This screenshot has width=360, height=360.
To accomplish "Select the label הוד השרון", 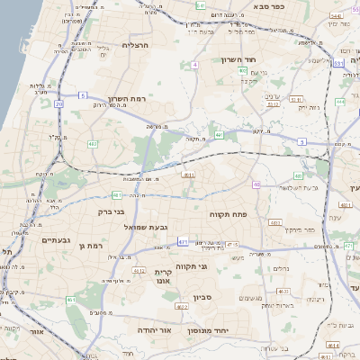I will click(238, 59).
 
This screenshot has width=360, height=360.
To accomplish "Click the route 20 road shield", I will click(59, 104).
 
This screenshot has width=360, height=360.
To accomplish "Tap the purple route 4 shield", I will click(194, 65).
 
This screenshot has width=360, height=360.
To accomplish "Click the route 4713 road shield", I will click(232, 244).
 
